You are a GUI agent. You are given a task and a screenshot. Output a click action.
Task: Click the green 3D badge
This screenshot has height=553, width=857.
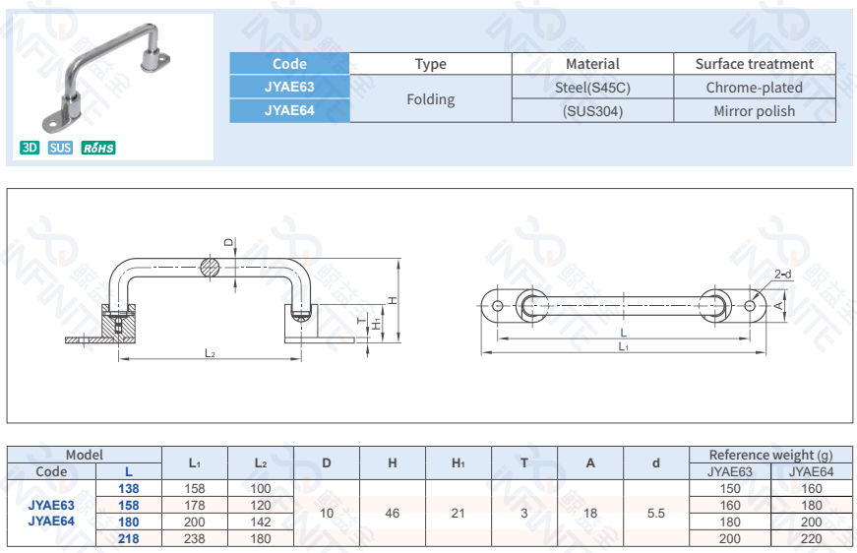(30, 148)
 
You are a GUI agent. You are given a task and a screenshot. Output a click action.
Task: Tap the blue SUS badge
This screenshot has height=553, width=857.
(60, 148)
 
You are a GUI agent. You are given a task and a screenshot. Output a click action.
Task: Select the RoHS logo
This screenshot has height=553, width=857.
(98, 148)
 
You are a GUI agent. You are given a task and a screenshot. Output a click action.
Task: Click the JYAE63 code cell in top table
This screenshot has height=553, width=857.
(289, 88)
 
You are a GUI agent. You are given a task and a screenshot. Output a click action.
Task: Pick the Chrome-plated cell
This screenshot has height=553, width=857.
(754, 88)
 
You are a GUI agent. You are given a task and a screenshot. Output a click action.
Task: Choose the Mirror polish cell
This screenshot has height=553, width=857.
(754, 111)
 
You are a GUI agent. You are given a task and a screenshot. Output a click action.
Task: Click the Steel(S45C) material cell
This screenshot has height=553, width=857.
(592, 88)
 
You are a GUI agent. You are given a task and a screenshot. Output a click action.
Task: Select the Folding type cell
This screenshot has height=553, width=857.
(430, 99)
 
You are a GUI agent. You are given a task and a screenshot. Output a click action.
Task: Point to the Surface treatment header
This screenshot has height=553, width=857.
(754, 64)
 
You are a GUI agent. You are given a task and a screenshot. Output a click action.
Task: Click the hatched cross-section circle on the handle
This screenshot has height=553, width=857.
(211, 267)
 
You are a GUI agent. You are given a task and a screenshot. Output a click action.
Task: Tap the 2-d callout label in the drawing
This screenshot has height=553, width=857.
(782, 275)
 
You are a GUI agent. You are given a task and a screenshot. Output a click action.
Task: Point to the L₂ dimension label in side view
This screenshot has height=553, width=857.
(211, 353)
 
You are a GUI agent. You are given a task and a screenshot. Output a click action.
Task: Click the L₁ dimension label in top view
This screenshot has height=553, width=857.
(623, 346)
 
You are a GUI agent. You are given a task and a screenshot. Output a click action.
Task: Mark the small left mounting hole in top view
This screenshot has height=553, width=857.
(498, 306)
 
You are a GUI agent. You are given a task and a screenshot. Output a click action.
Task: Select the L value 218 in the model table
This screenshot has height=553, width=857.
(128, 538)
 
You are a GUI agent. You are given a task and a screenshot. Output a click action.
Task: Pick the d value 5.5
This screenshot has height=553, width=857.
(656, 513)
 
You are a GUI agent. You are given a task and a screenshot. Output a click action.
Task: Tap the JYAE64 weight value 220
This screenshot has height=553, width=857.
(811, 538)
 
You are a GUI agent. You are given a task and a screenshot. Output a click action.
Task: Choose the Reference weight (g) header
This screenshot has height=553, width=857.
(769, 455)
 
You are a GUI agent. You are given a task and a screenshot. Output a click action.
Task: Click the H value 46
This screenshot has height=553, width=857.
(392, 513)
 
